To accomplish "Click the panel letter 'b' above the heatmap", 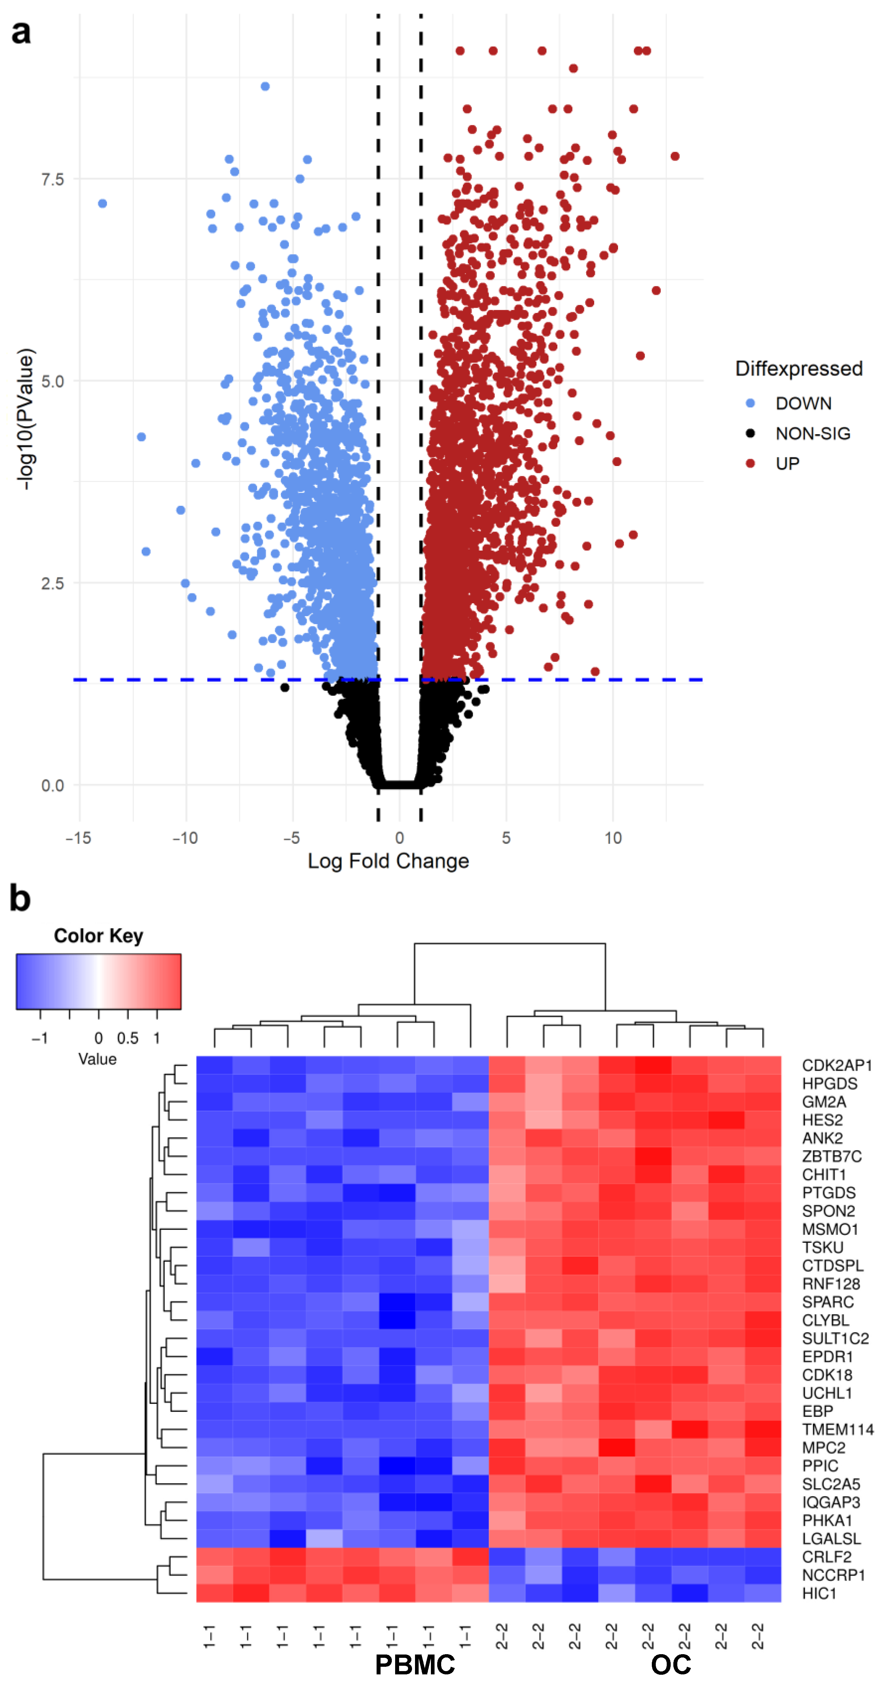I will (20, 899).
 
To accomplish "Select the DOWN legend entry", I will (803, 403).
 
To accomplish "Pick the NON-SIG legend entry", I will (812, 433).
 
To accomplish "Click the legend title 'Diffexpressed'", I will (799, 368).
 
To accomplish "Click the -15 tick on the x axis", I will (78, 838).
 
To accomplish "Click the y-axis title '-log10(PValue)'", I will (25, 419).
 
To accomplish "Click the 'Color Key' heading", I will (98, 936).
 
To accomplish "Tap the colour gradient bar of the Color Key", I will (98, 981).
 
